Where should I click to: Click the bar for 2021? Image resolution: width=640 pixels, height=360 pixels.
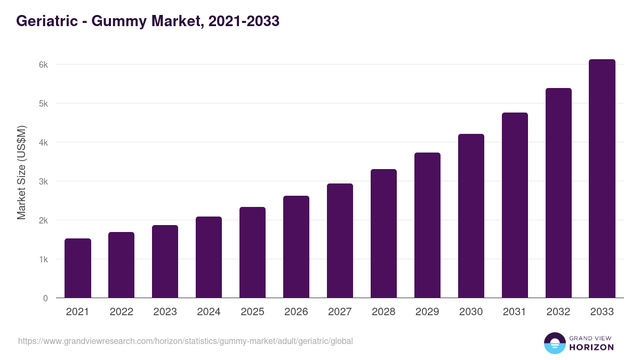[78, 268]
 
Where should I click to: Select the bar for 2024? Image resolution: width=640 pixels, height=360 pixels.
[209, 257]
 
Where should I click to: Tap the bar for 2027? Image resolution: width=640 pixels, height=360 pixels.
[340, 241]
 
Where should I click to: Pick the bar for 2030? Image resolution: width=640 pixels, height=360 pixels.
[471, 216]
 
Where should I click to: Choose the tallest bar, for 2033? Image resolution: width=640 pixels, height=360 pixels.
[602, 179]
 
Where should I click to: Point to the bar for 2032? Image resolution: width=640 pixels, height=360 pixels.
[558, 193]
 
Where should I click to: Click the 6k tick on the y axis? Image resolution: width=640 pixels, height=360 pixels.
[43, 65]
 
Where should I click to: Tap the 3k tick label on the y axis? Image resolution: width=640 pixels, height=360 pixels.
[43, 181]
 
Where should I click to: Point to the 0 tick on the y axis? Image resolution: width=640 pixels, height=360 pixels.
[45, 298]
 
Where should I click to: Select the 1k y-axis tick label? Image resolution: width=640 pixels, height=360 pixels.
[43, 259]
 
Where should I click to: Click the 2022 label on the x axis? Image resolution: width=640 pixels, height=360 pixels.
[121, 312]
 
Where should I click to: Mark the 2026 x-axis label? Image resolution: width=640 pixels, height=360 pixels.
[296, 312]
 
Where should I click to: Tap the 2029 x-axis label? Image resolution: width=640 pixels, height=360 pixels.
[427, 312]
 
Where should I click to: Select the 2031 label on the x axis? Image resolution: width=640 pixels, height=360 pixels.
[515, 312]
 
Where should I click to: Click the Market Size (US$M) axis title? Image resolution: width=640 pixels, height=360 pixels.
[21, 173]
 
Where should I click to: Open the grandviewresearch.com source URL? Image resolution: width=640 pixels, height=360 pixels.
[185, 341]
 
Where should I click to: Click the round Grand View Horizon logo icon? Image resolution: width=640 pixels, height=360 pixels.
[554, 343]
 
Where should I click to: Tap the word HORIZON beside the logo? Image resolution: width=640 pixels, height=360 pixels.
[592, 347]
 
